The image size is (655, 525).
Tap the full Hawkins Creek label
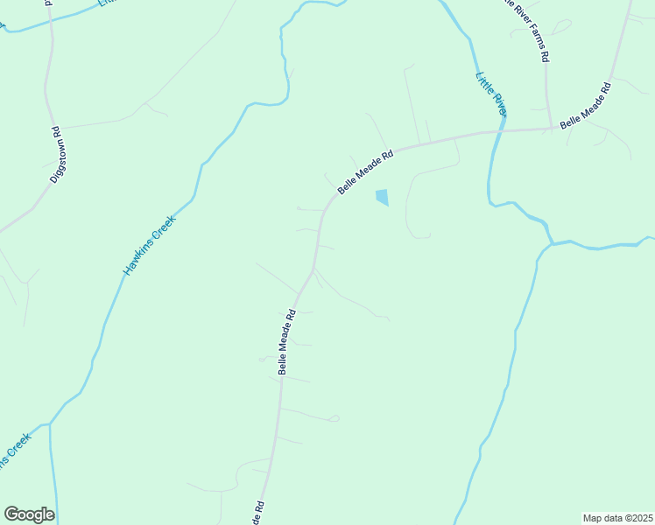point(150,246)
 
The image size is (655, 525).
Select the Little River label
point(491,93)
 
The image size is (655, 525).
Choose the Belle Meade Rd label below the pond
point(286,342)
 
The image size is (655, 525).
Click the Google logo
point(29,514)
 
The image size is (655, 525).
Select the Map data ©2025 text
point(617,517)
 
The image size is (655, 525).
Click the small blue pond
point(382,198)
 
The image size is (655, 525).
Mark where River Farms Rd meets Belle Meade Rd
point(549,128)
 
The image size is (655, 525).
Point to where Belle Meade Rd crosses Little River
point(502,131)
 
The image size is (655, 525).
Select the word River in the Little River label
point(497,101)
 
